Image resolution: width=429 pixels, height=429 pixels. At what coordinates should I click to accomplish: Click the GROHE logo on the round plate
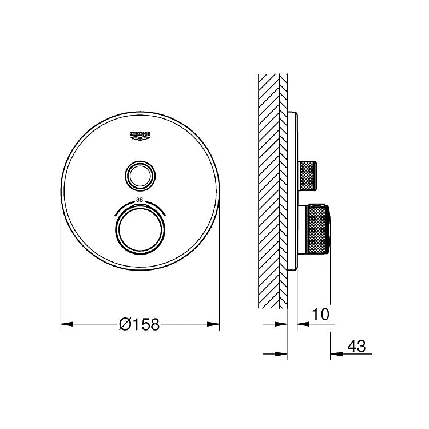pos(140,136)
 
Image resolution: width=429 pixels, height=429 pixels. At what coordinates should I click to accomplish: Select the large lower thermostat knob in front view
pos(140,228)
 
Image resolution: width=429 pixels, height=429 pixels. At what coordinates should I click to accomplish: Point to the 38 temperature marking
pos(140,200)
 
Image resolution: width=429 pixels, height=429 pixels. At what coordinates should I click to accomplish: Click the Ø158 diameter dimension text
pos(139,324)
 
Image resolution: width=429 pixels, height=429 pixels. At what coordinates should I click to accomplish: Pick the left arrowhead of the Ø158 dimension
pos(67,324)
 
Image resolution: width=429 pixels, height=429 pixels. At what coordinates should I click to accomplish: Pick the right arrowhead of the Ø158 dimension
pos(213,324)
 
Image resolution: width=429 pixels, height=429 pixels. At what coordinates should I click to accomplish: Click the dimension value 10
pos(320,315)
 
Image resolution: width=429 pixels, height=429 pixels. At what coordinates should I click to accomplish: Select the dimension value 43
pos(356,347)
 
